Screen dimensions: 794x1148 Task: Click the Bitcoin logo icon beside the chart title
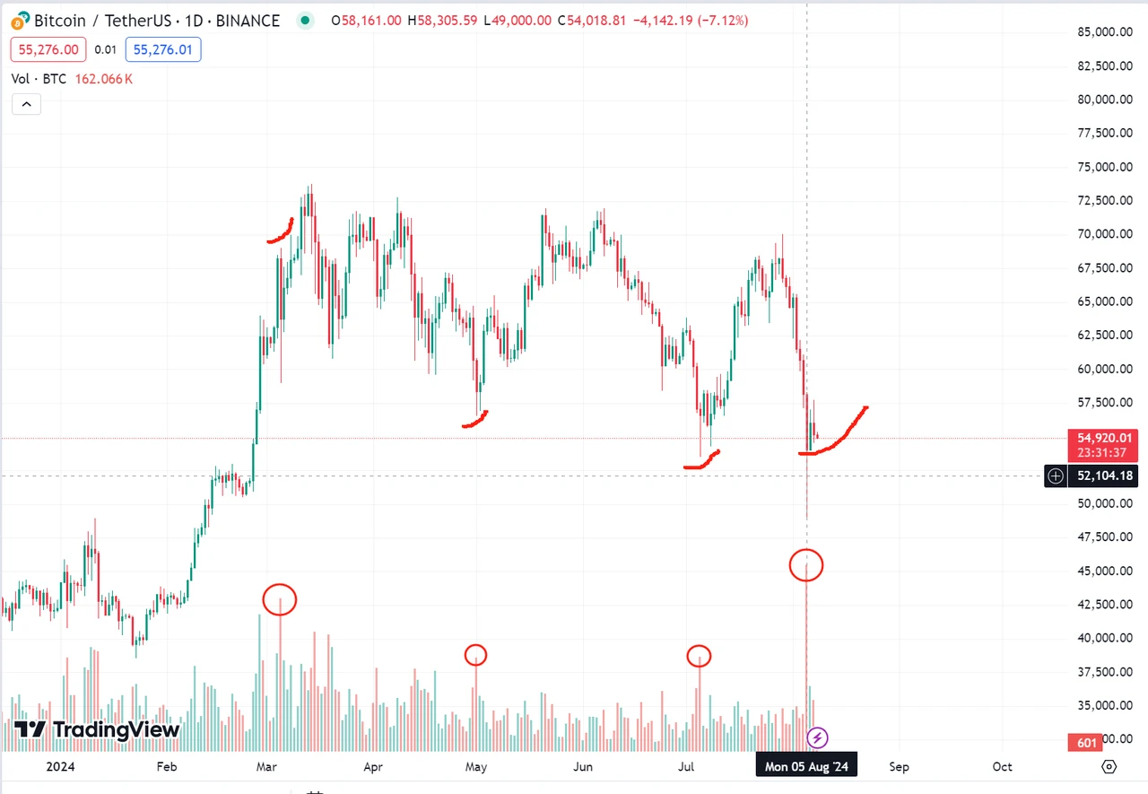click(20, 20)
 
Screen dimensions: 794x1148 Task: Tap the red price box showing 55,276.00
click(48, 50)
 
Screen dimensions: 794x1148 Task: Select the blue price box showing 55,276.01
click(163, 50)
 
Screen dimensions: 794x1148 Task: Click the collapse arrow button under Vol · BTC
click(26, 105)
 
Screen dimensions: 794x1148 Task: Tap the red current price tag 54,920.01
click(1100, 437)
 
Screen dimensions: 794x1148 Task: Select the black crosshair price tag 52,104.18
click(1100, 476)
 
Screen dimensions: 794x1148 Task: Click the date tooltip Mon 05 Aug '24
click(806, 767)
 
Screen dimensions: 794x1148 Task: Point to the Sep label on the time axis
click(899, 767)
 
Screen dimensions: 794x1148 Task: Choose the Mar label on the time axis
click(266, 767)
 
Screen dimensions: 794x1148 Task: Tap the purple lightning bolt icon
click(817, 738)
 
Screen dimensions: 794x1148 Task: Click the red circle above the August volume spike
click(806, 565)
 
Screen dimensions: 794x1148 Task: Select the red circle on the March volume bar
click(280, 599)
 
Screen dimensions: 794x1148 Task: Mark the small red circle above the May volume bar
click(476, 655)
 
